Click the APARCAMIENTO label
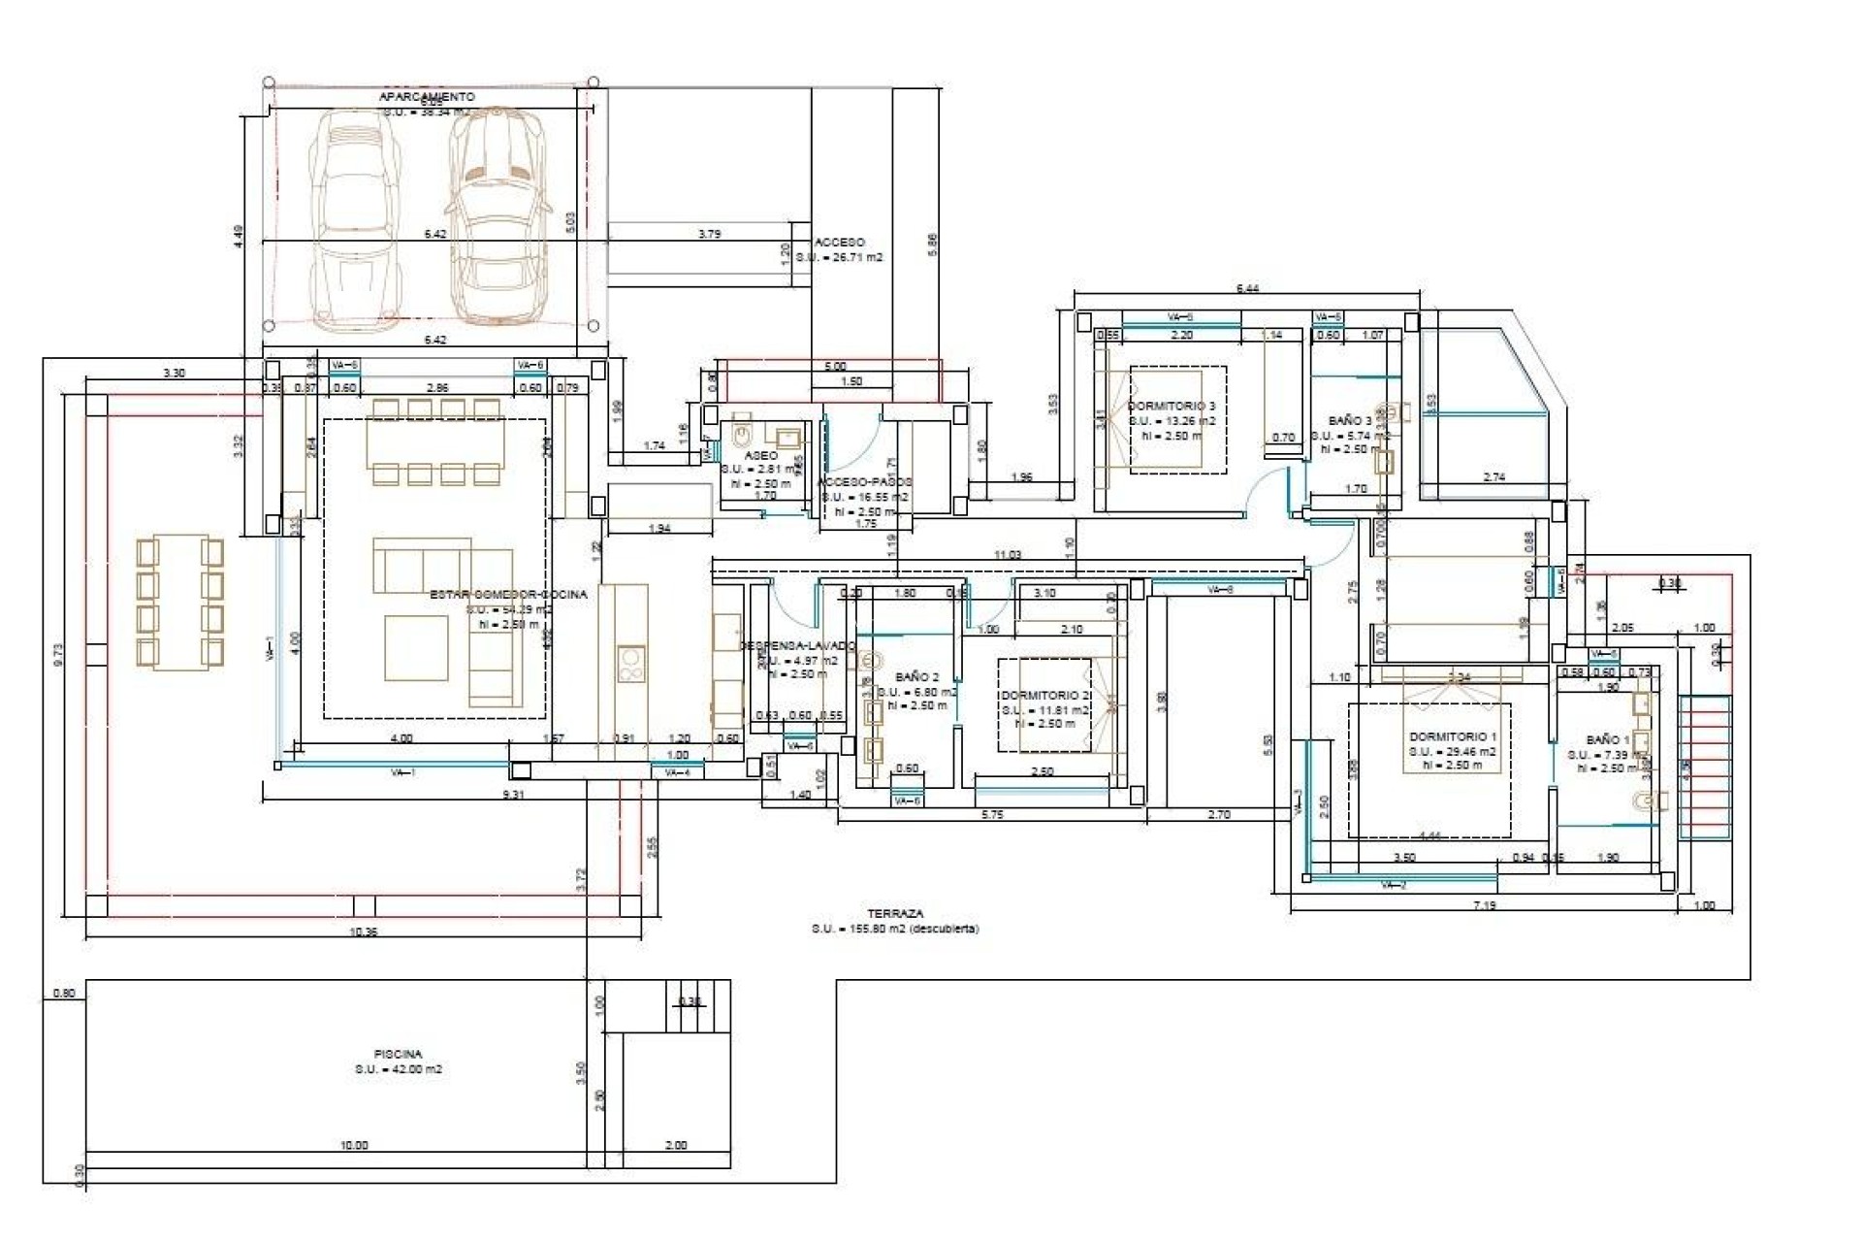tap(427, 97)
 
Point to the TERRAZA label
tap(895, 913)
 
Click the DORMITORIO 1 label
tap(1452, 736)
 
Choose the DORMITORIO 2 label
tap(1045, 695)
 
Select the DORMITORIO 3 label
tap(1171, 406)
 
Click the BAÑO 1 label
tap(1608, 739)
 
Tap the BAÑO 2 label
tap(916, 676)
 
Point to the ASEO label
tap(760, 455)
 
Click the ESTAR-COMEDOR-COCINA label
tap(508, 594)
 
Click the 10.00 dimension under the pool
tap(354, 1145)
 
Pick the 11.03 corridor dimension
tap(1008, 555)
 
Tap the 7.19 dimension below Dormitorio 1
tap(1484, 905)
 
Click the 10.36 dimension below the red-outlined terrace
tap(362, 931)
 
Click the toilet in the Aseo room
tap(743, 431)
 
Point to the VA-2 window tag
tap(1393, 885)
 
